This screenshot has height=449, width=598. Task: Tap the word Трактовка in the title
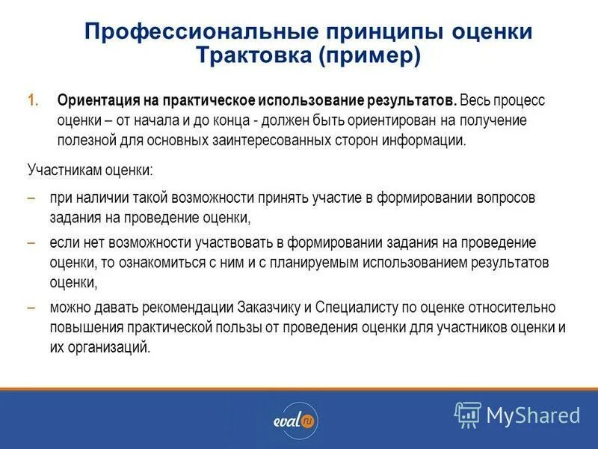point(245,57)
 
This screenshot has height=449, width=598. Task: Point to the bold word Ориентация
point(92,100)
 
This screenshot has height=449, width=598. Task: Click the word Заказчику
point(271,307)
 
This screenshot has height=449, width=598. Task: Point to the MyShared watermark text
point(533,415)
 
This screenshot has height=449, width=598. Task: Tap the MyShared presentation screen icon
point(468,414)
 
